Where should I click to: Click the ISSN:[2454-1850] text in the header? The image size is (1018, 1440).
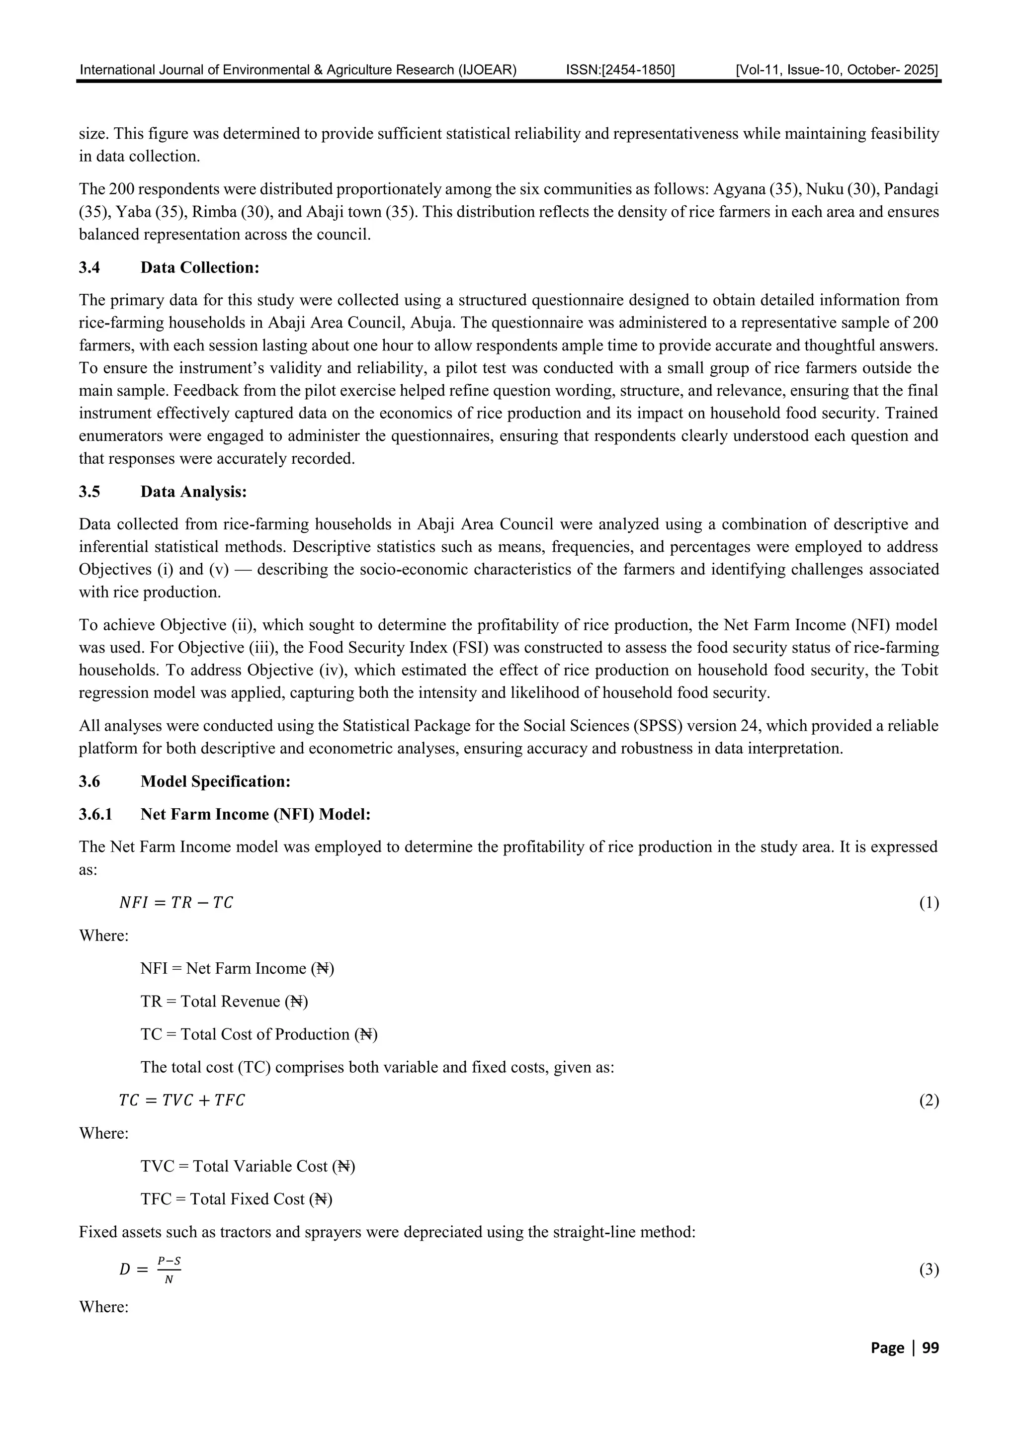(620, 70)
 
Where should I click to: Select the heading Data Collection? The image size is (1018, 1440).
(199, 268)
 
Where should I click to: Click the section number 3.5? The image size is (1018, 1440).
(89, 492)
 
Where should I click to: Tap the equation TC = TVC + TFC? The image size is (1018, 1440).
(182, 1100)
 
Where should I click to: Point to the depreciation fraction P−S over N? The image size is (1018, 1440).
(168, 1270)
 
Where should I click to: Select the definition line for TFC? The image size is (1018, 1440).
(236, 1199)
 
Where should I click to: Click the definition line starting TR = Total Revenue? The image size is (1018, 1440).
(224, 1002)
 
